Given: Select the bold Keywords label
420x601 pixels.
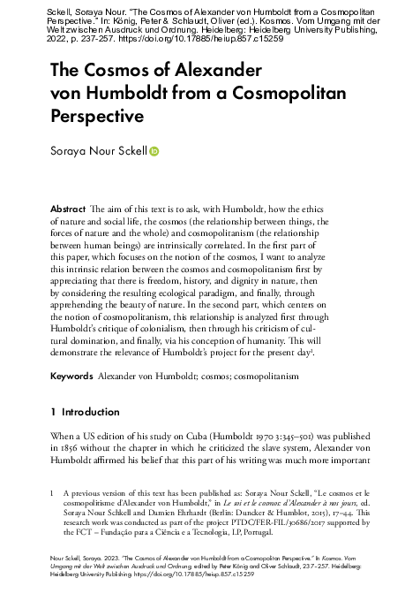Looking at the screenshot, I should pos(72,375).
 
